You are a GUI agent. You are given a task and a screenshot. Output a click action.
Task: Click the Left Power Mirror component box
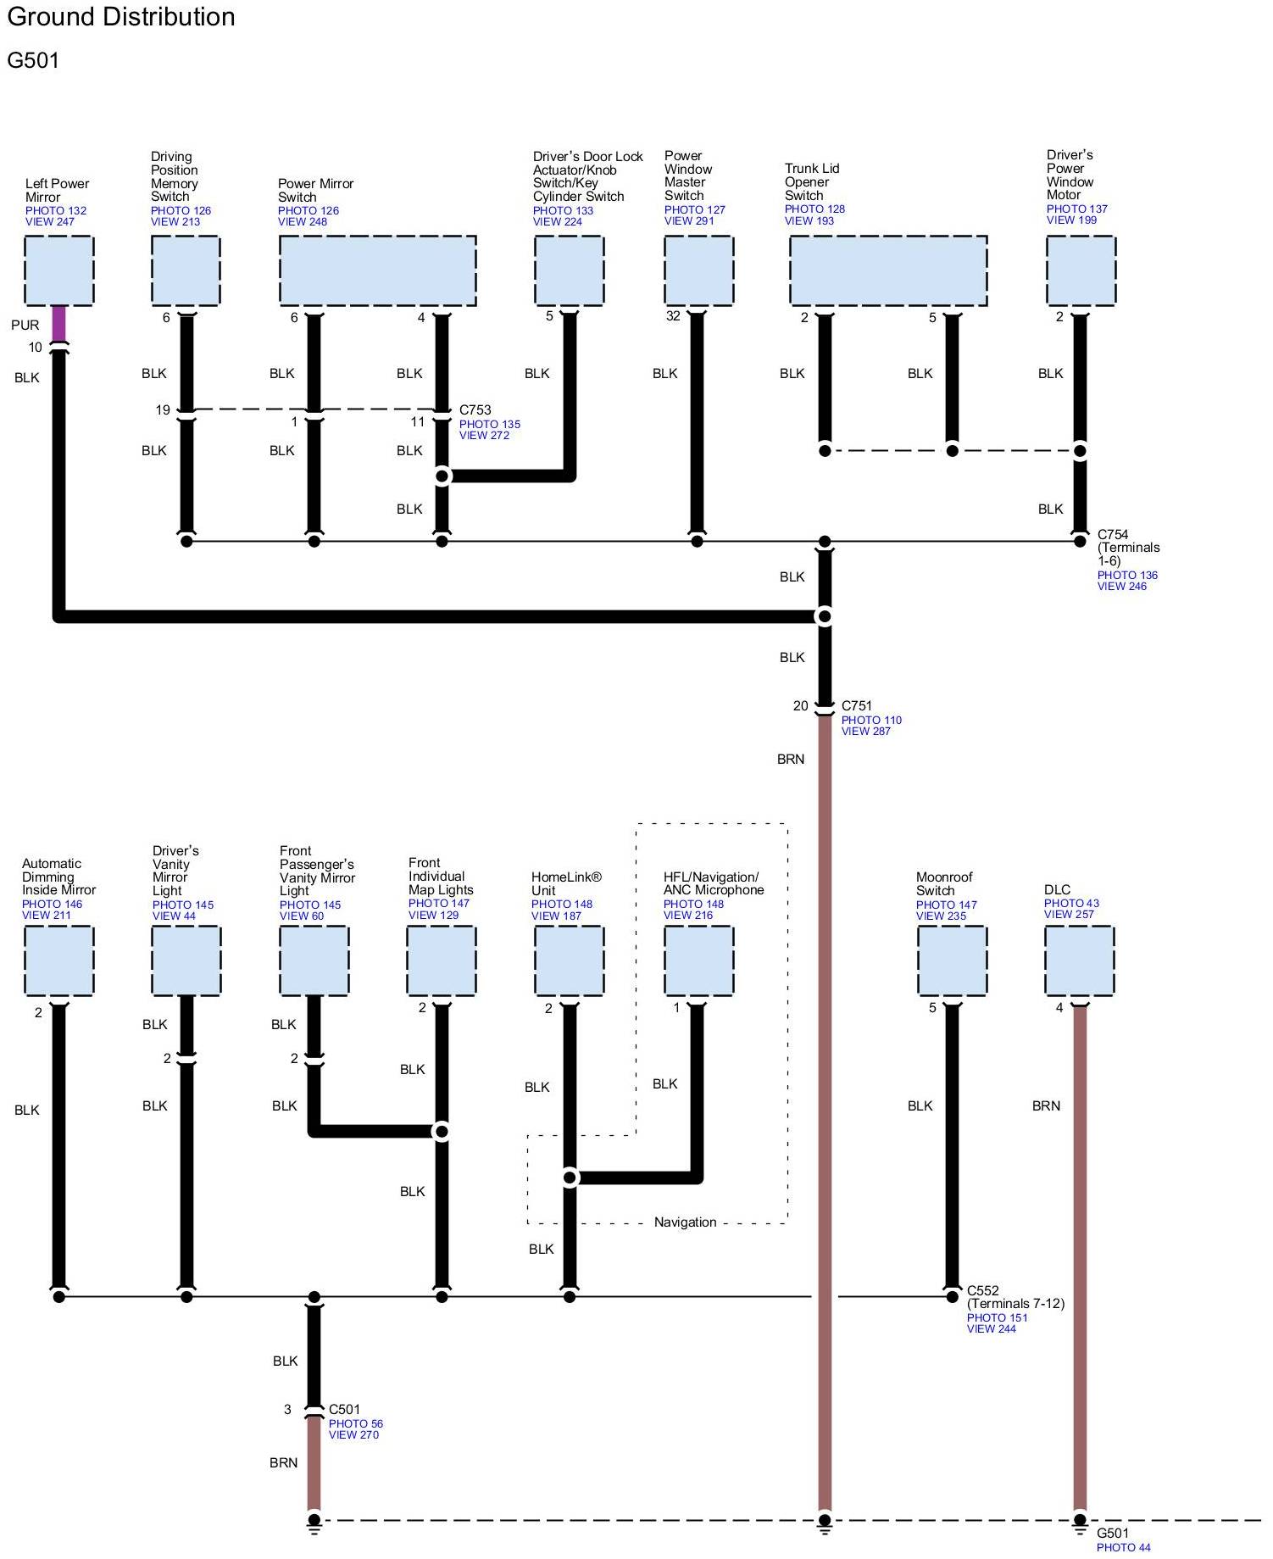coord(58,270)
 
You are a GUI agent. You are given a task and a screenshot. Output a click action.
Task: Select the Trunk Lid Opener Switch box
coord(887,270)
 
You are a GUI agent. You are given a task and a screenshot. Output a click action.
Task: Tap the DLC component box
coord(1079,960)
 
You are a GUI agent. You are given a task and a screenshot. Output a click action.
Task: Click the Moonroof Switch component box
coord(952,960)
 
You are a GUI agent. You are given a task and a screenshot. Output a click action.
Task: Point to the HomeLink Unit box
coord(569,960)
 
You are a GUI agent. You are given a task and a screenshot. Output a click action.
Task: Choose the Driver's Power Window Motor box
coord(1081,270)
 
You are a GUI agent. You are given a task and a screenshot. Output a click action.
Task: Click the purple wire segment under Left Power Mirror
coord(58,324)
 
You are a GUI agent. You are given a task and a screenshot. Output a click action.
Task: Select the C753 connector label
coord(475,410)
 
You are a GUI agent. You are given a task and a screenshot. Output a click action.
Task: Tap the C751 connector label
coord(856,706)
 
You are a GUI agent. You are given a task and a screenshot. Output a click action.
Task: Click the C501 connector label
coord(344,1410)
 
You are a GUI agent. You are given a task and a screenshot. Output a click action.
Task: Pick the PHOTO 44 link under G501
coord(1123,1547)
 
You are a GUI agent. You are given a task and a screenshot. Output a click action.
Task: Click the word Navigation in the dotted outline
coord(685,1222)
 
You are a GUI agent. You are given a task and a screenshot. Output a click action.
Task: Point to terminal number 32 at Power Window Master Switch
coord(673,316)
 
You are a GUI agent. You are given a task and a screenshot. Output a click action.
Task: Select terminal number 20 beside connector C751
coord(800,706)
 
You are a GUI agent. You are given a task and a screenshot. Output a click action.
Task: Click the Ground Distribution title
coord(121,17)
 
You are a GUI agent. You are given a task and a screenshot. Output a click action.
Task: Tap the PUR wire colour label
coord(25,325)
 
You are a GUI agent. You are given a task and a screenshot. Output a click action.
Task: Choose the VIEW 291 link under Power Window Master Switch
coord(688,221)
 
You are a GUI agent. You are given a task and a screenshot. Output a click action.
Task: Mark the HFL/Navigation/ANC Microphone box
coord(698,960)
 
